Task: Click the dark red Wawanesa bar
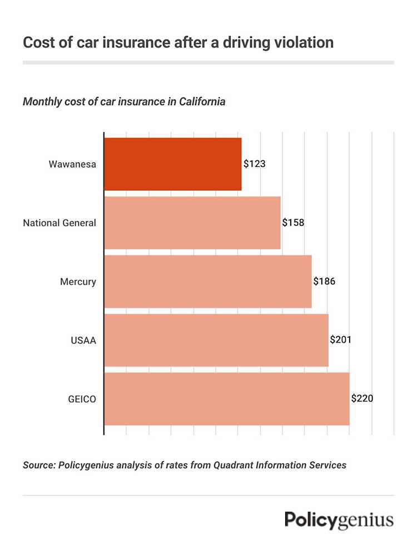coord(173,164)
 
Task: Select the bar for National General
coord(192,222)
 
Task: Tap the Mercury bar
coord(208,281)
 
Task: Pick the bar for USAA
coord(216,340)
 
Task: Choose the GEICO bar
coord(227,399)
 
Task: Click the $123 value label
coord(255,164)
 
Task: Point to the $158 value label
coord(294,222)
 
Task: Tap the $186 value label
coord(325,281)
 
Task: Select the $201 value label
coord(341,340)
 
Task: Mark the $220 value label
coord(363,399)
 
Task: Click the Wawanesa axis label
coord(72,164)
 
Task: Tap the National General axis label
coord(59,223)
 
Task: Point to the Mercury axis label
coord(78,282)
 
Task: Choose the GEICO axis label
coord(82,399)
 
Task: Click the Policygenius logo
coord(339,521)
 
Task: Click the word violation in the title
coord(305,42)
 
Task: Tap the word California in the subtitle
coord(202,102)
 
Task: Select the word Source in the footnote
coord(38,465)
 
